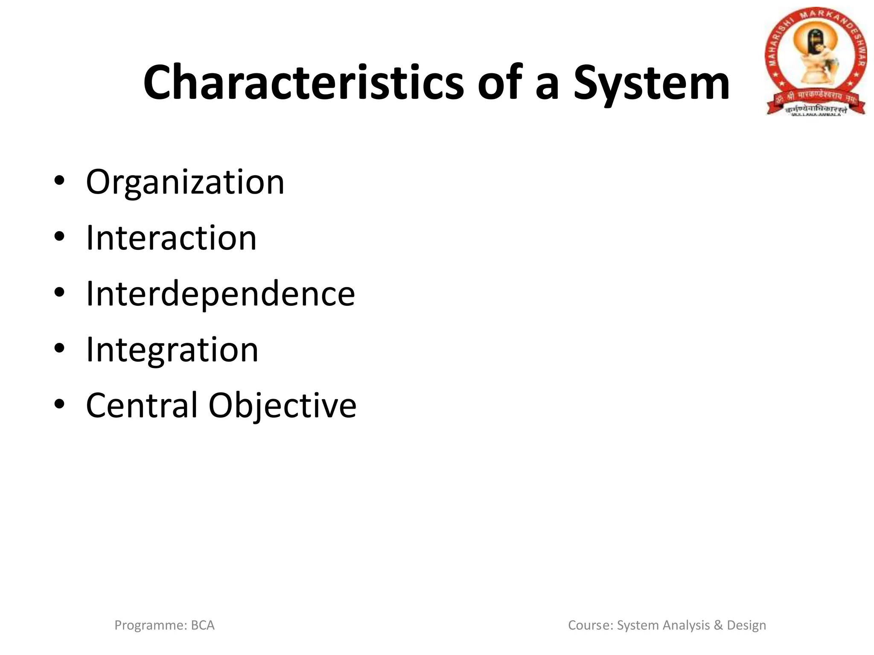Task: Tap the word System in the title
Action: pyautogui.click(x=651, y=84)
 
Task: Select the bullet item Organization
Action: pyautogui.click(x=185, y=183)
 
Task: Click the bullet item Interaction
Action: pyautogui.click(x=171, y=238)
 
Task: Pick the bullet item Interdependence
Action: pyautogui.click(x=220, y=294)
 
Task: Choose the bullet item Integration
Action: pyautogui.click(x=172, y=350)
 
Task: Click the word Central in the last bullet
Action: pyautogui.click(x=142, y=405)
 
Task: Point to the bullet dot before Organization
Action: pyautogui.click(x=59, y=181)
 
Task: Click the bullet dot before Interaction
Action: pyautogui.click(x=59, y=236)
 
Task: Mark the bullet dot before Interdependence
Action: pyautogui.click(x=59, y=292)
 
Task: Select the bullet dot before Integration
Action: pyautogui.click(x=59, y=348)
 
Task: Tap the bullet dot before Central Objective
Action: pyautogui.click(x=59, y=404)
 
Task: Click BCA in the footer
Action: pyautogui.click(x=203, y=626)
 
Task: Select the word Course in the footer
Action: pyautogui.click(x=591, y=626)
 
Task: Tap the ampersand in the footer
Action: pyautogui.click(x=718, y=626)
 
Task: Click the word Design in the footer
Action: pyautogui.click(x=746, y=626)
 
